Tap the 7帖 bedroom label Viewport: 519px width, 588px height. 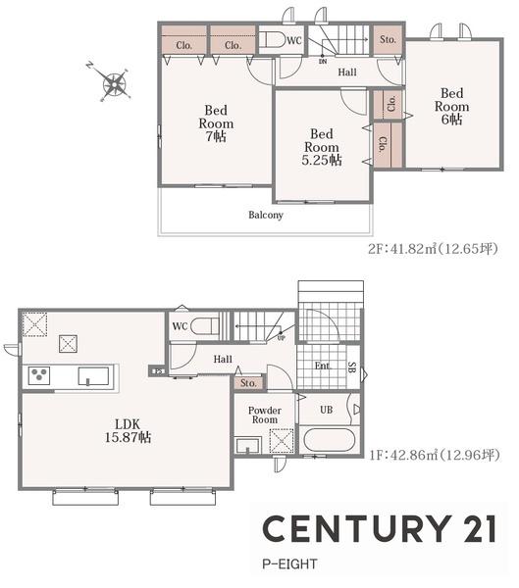pos(216,123)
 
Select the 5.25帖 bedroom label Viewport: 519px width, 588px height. pos(322,147)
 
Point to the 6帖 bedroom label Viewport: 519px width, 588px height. pos(451,106)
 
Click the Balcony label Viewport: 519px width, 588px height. pos(266,215)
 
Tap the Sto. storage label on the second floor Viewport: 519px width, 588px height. pos(388,39)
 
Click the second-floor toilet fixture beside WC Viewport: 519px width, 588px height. pos(273,40)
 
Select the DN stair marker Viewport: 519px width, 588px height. pos(323,61)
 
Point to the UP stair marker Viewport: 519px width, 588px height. pos(282,338)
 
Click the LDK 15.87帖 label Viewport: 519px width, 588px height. pos(128,431)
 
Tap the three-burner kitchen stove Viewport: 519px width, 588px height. pos(39,375)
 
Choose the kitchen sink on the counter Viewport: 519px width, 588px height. pos(93,376)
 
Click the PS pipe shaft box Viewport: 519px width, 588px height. pos(159,371)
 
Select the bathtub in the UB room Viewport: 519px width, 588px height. pos(330,440)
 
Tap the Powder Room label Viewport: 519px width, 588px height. pos(265,416)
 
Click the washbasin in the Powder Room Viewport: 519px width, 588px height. pos(248,446)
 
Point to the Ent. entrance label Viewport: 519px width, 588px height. pos(322,366)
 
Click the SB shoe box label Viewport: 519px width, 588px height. pos(352,367)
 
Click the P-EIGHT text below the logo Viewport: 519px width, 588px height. pos(289,564)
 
